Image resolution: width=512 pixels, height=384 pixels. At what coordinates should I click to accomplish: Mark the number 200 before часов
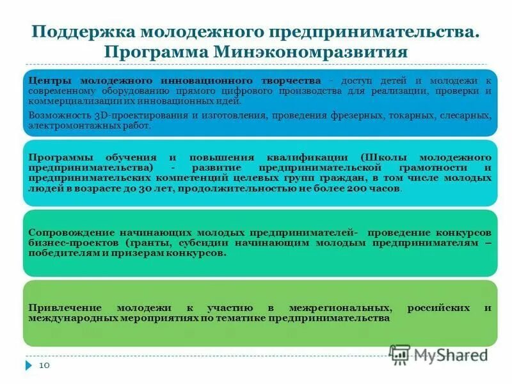click(x=355, y=189)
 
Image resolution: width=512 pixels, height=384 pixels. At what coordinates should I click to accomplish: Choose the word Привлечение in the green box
click(x=61, y=307)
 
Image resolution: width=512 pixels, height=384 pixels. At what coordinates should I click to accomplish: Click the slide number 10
click(x=45, y=365)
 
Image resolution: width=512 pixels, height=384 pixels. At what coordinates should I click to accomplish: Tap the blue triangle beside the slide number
click(x=28, y=365)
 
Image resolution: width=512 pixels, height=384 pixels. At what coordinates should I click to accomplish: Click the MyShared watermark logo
click(x=438, y=354)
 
